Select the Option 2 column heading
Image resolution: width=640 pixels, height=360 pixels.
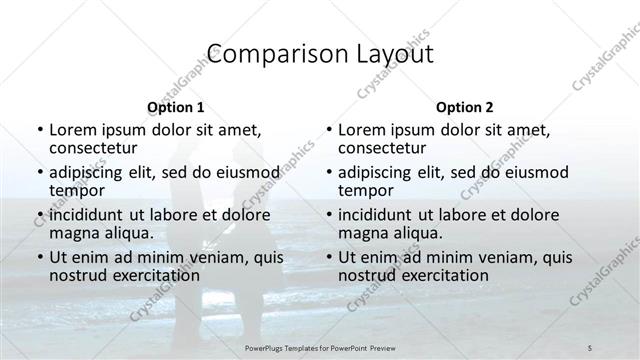coord(465,107)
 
